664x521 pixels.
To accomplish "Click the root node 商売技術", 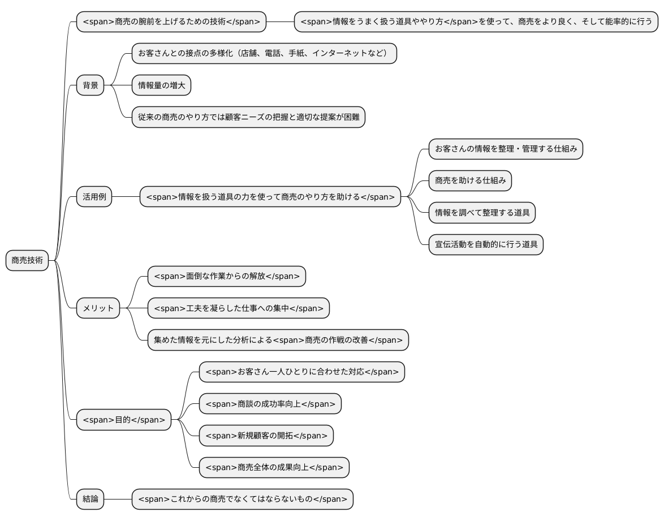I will point(27,260).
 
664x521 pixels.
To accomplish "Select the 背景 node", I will point(90,85).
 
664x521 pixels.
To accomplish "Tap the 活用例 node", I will point(94,197).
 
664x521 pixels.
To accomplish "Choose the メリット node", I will point(98,308).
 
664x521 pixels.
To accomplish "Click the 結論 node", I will point(90,499).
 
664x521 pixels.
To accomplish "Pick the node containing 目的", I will point(123,420).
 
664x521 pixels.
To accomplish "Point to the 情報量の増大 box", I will point(162,85).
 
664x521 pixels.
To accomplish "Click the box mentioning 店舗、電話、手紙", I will point(264,54).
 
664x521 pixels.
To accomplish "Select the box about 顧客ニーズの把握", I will point(248,117).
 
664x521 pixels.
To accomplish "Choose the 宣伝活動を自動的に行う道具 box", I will point(486,244).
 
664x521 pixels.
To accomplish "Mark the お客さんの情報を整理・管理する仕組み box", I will point(506,149).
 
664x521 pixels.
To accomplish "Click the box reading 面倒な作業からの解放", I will point(226,277).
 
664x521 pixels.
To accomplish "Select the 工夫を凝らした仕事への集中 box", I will point(238,308).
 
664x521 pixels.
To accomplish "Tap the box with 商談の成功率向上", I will point(270,404).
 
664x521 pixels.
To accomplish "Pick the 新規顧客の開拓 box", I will point(266,436).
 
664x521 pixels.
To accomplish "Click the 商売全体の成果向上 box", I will point(274,467).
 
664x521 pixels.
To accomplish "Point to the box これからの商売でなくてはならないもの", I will point(242,499).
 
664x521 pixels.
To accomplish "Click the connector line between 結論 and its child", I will point(118,499).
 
